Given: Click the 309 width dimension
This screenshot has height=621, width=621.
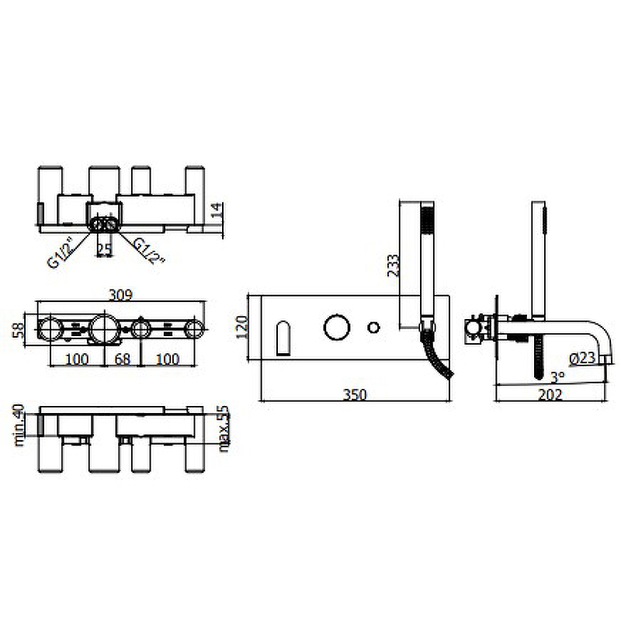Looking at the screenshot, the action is click(121, 295).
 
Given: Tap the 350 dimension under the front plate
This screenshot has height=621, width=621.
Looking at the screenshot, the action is click(355, 395).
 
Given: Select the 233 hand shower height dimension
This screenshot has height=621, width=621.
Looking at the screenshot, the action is click(394, 265).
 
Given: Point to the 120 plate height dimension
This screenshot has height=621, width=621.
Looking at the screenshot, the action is click(242, 327).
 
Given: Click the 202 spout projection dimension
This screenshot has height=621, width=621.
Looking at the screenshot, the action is click(550, 395).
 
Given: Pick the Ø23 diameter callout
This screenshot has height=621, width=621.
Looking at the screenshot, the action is click(582, 358).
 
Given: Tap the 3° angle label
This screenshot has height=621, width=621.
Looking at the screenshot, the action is click(557, 377).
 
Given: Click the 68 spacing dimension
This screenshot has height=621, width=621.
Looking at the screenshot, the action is click(123, 359).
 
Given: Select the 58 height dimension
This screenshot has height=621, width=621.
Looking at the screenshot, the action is click(19, 331).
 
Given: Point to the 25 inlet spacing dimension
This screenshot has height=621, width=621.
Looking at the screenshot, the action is click(105, 249).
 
